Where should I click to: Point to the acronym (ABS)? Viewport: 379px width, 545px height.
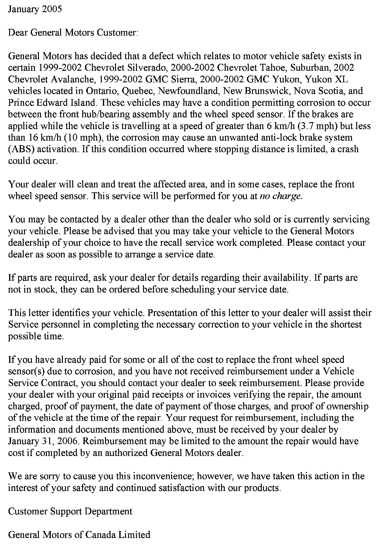click(x=19, y=149)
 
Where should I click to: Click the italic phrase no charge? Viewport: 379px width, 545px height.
click(x=281, y=196)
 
